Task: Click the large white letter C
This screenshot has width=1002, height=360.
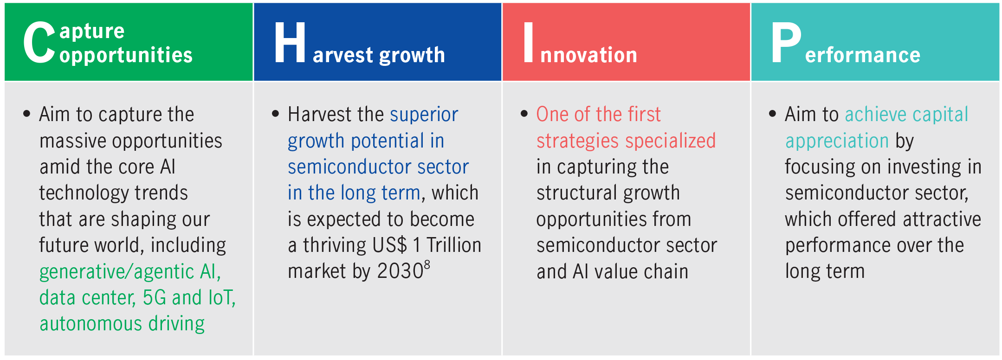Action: (x=39, y=42)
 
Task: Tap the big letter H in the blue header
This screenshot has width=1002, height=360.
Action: (x=290, y=42)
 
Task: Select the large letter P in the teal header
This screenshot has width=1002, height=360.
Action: (x=786, y=42)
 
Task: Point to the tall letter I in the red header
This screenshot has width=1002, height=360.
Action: (x=528, y=42)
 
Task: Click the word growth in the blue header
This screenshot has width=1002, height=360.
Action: (x=412, y=55)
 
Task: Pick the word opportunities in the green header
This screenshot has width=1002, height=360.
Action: (x=126, y=56)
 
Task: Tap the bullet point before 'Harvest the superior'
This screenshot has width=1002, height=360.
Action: (x=276, y=114)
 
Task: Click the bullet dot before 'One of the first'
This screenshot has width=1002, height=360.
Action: (x=524, y=114)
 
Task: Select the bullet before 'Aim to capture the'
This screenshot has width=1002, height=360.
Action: (x=27, y=114)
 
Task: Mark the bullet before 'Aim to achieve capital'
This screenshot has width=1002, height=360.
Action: (x=773, y=114)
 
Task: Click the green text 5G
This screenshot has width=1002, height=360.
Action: (x=155, y=298)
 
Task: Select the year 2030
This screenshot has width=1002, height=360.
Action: (x=400, y=271)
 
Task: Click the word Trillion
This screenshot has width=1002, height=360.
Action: (x=454, y=245)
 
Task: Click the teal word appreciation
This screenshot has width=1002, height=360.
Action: (x=837, y=141)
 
